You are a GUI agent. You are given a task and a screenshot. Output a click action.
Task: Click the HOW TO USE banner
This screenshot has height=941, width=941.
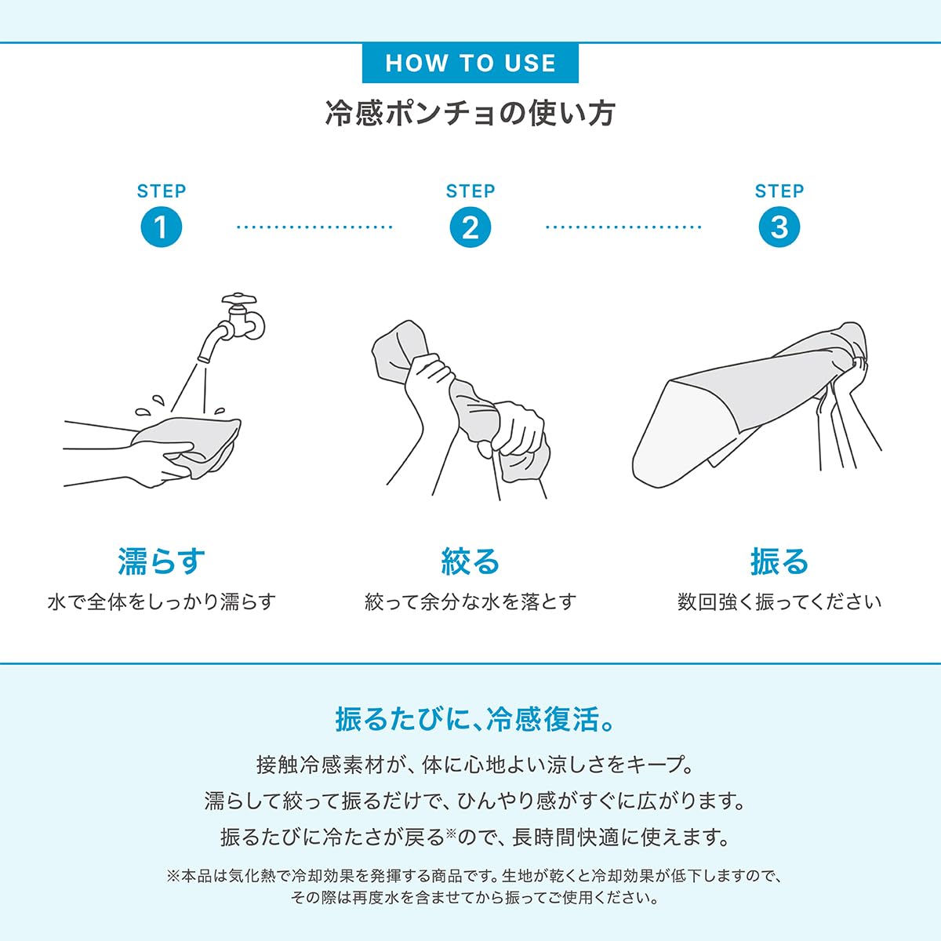pos(470,63)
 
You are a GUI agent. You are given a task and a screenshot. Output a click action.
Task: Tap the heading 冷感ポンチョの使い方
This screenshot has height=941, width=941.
pos(470,114)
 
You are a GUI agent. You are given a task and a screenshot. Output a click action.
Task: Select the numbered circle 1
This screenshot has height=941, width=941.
pos(162,227)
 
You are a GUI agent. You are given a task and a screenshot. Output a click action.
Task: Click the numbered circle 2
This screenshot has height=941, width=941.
pos(470,227)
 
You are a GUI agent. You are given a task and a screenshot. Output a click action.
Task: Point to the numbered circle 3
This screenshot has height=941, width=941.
pos(779,227)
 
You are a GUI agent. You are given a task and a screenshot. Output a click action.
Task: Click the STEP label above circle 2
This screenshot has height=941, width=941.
pos(470,191)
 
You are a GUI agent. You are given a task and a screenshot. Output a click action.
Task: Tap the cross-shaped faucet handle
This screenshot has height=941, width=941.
pos(239,298)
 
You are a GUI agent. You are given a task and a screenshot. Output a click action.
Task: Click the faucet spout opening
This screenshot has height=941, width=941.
pos(205,359)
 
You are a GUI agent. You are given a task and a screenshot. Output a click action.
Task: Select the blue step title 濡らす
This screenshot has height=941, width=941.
pos(162,561)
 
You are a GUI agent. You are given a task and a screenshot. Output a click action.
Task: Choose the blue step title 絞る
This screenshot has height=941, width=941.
pos(470,561)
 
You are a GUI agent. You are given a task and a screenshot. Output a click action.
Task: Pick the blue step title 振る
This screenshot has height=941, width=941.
pos(779,561)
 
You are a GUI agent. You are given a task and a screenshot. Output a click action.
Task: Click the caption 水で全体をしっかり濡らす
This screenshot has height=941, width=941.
pos(162,602)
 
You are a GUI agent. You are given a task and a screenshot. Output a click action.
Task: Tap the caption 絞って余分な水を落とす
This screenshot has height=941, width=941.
pos(470,602)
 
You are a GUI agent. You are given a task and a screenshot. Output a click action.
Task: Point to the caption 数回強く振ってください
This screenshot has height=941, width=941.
pos(779,602)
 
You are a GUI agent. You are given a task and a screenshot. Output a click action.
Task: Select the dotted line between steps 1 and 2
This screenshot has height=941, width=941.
pos(315,227)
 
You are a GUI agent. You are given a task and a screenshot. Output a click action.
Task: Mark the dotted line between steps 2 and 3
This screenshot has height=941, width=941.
pos(623,227)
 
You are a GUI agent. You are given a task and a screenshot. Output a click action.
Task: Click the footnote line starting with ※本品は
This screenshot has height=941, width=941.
pos(474,876)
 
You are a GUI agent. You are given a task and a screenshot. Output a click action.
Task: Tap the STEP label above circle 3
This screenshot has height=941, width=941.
pos(779,191)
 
